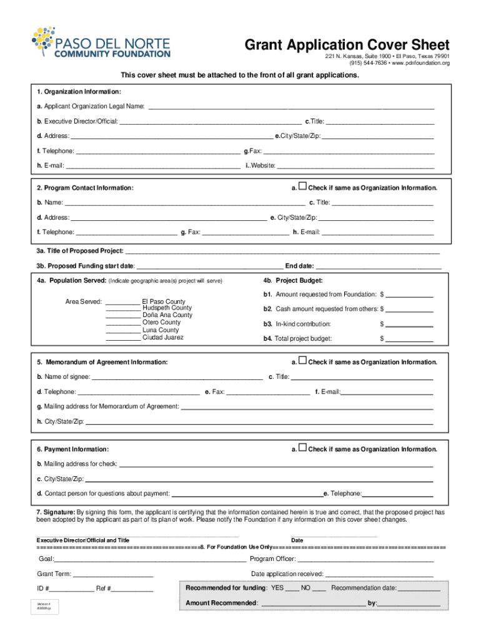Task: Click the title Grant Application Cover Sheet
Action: (x=347, y=45)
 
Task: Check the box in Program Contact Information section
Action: (x=303, y=187)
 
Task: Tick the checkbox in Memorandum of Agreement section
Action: (x=303, y=361)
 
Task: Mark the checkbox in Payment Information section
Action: (x=303, y=448)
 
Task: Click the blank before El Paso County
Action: (x=122, y=301)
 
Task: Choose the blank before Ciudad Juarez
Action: (x=122, y=338)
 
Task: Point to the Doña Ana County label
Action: (x=167, y=316)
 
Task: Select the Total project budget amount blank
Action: (x=410, y=339)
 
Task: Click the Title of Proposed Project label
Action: (x=80, y=251)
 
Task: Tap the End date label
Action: (x=300, y=266)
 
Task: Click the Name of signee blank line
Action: (x=177, y=377)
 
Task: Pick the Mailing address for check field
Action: (x=275, y=464)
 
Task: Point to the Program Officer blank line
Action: (x=365, y=559)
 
